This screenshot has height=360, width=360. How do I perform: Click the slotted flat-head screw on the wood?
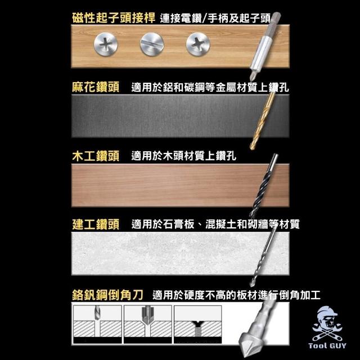pos(152,44)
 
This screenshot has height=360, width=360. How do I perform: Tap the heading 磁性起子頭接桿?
pos(114,18)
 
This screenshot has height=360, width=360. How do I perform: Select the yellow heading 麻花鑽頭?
pos(96,87)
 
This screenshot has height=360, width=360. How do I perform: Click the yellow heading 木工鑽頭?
pos(96,156)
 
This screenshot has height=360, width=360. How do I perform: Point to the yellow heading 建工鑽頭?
pos(96,224)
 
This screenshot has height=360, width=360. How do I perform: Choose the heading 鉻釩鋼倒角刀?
pos(107,295)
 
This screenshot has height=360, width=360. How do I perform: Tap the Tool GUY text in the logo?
pos(327,345)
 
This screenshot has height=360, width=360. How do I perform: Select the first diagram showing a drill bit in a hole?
pos(97,324)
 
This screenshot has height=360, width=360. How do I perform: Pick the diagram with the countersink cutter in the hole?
pos(147,324)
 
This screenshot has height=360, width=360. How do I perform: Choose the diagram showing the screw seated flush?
pos(197,324)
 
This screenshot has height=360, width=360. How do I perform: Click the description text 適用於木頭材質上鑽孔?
pos(184,156)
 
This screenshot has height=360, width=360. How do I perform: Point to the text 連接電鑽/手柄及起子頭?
pos(215,18)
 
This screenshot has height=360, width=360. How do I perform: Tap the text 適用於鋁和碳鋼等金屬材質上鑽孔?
pos(210,87)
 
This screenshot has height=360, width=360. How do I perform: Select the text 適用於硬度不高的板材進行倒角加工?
pos(236,295)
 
